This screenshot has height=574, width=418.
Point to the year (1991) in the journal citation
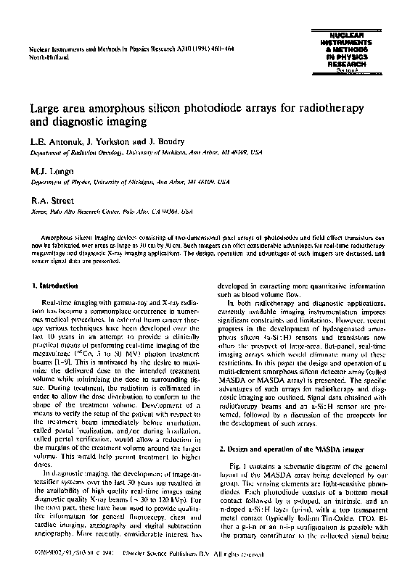point(193,48)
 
